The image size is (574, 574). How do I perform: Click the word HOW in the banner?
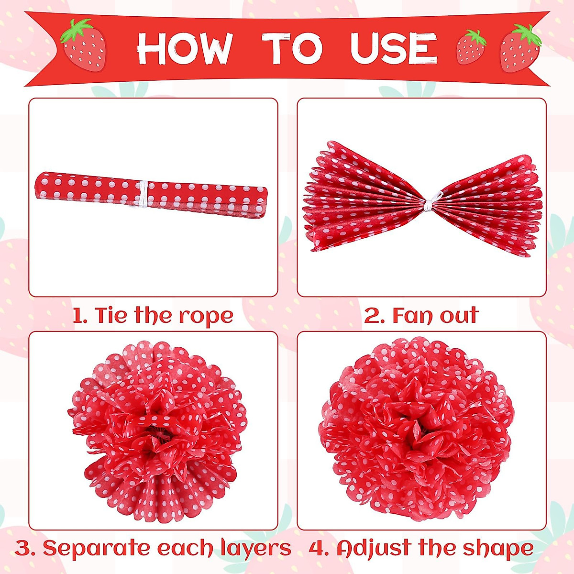pos(184,49)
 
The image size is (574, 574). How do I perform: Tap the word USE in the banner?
pos(393,49)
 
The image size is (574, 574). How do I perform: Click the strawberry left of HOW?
pos(83,45)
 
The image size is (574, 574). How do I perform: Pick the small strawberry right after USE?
pos(471,47)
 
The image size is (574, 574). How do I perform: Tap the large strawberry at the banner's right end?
pos(520,48)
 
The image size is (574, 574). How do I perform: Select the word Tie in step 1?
pos(112,316)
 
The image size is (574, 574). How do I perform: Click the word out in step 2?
pos(459,316)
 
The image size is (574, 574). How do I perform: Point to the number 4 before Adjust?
pos(317,548)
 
